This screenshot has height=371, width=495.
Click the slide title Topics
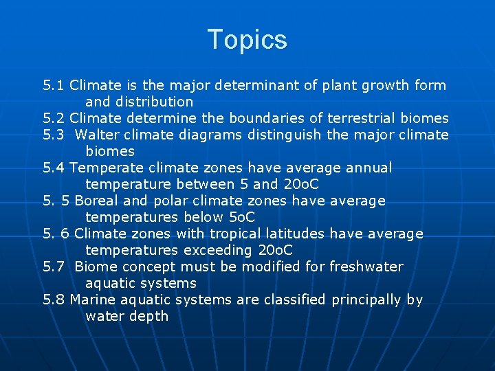tap(247, 40)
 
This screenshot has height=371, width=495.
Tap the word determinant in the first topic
tap(257, 86)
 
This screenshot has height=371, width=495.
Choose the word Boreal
tap(98, 201)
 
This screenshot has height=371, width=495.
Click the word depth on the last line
tap(150, 316)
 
